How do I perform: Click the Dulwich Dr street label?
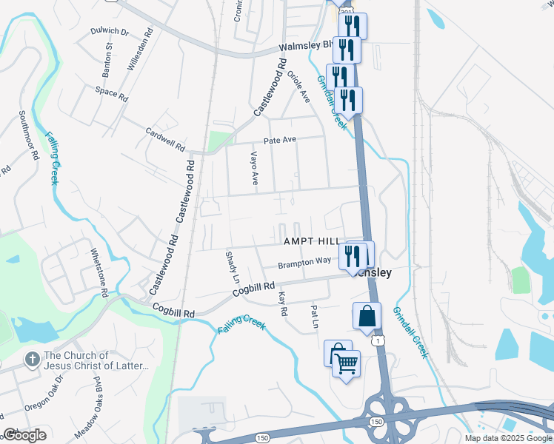[109, 32]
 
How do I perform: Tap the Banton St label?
[108, 61]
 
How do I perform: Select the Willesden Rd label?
[140, 50]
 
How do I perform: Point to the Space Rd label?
[112, 94]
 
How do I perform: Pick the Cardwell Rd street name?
[164, 138]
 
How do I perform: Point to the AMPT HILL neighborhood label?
[310, 242]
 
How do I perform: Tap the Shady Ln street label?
[231, 267]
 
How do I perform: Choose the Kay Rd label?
[281, 304]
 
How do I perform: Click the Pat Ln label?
[315, 317]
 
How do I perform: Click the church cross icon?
[31, 360]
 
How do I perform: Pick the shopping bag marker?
[367, 316]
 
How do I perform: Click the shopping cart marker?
[346, 363]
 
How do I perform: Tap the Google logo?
[24, 435]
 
